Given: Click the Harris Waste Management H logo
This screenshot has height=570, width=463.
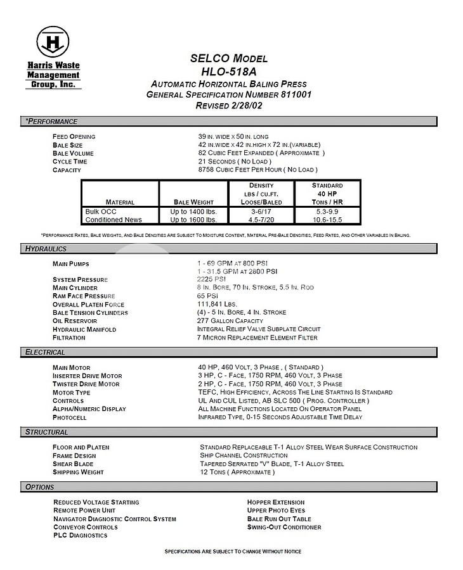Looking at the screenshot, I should [53, 42].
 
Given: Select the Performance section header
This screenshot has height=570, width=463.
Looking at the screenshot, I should [51, 122].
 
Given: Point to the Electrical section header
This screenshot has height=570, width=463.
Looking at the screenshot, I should [45, 352].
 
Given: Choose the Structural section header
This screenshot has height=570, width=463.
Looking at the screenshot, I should [46, 432].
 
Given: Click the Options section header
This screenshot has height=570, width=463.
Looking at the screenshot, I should [39, 487].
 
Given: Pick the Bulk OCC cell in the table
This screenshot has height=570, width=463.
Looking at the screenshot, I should [101, 212].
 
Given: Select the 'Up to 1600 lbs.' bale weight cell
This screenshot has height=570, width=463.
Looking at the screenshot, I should [193, 220].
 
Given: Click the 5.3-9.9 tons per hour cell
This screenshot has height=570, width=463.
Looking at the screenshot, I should [327, 212].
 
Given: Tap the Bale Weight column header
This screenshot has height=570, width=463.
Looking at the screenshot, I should [193, 203].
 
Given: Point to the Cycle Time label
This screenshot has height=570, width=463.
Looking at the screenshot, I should [70, 161].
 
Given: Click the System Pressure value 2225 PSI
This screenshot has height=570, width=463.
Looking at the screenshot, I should [212, 279].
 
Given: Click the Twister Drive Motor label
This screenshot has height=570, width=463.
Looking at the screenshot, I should [86, 384].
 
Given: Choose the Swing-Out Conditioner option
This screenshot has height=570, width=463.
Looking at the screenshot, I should [284, 527].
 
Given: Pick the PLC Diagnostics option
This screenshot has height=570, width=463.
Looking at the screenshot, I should [81, 535].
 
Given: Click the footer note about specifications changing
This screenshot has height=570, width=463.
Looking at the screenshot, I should [233, 552].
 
